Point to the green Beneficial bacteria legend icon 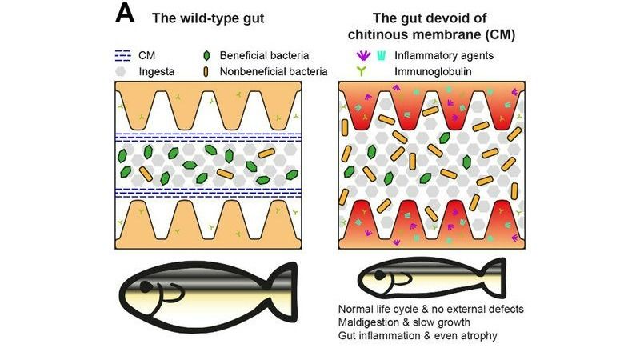pos(209,56)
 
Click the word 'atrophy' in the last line pos(477,335)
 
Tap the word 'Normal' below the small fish pos(356,308)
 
